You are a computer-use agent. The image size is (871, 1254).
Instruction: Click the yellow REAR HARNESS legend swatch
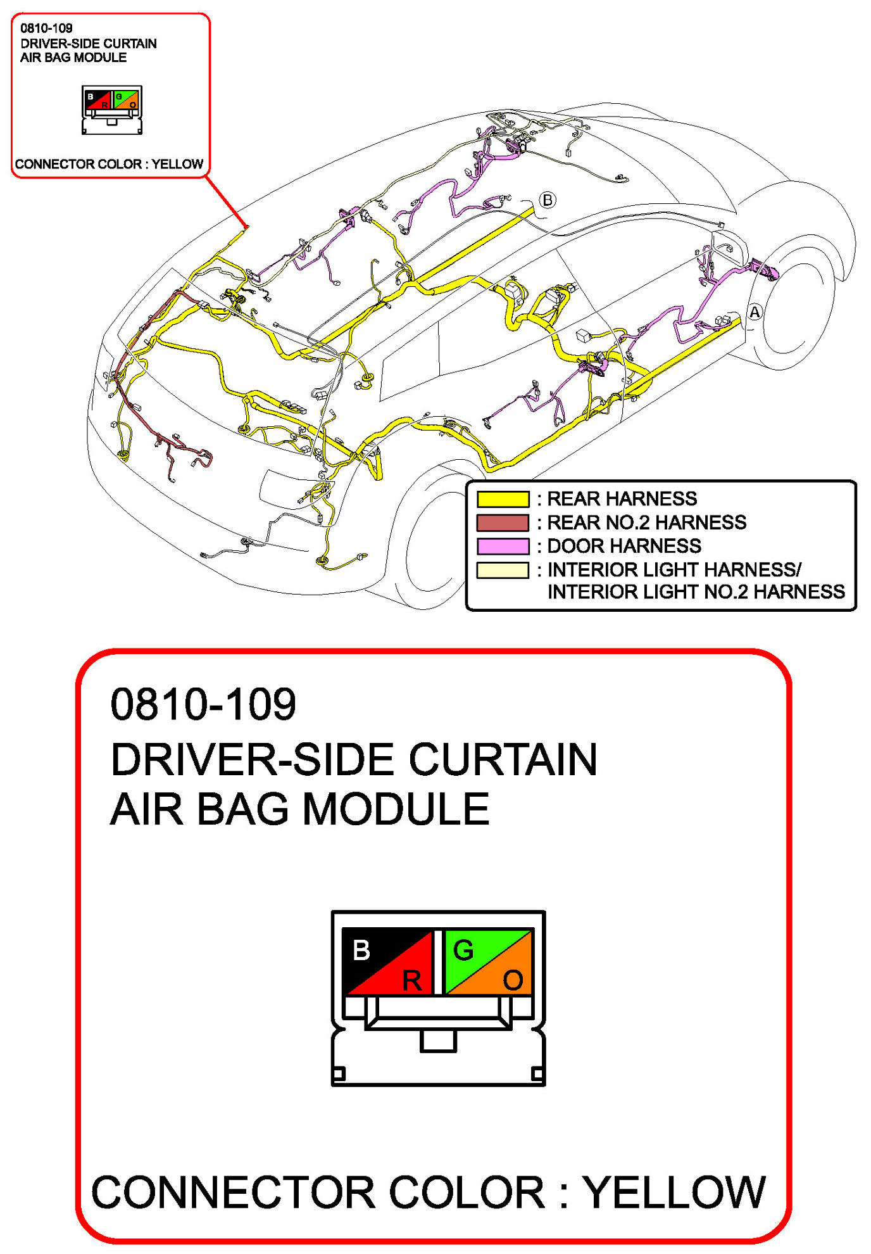(x=503, y=499)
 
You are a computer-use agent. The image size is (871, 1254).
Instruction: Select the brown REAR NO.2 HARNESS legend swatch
(x=503, y=522)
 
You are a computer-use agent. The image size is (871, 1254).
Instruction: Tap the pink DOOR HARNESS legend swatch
(x=503, y=546)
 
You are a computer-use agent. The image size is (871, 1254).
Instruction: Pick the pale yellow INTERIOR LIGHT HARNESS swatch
(x=503, y=570)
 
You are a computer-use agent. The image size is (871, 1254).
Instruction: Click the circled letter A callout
(x=755, y=312)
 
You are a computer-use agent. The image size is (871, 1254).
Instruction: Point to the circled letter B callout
(x=548, y=200)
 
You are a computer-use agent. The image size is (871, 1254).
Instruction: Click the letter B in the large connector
(x=361, y=950)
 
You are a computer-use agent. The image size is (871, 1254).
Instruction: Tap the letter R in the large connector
(x=412, y=980)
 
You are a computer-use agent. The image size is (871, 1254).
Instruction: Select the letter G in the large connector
(x=463, y=950)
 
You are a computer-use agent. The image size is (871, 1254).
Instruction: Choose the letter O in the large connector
(x=513, y=980)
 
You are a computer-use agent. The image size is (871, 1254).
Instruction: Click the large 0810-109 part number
(x=203, y=704)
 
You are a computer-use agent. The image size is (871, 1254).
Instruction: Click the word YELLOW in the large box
(x=674, y=1193)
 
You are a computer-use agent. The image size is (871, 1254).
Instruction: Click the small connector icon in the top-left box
(x=112, y=110)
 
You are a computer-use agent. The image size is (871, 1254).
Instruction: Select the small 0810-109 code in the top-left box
(x=46, y=28)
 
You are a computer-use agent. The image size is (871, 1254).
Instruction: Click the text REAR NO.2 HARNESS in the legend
(x=646, y=522)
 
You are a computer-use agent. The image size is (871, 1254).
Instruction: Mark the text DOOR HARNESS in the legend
(x=624, y=546)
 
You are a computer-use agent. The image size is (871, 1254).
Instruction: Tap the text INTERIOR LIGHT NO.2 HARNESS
(x=696, y=592)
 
